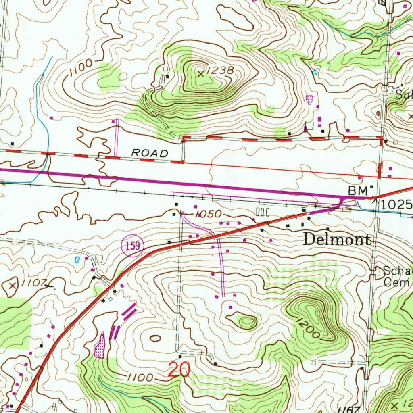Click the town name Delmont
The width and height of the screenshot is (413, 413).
(337, 240)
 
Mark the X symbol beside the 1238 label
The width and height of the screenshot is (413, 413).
(201, 73)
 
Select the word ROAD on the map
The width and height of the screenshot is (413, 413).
(150, 153)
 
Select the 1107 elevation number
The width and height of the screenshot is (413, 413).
(35, 283)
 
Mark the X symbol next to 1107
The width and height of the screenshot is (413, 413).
(13, 286)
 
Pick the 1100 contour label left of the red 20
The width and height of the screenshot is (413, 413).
(140, 378)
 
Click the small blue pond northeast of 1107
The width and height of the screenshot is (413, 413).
(77, 259)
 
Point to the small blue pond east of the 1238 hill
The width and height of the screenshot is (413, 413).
(315, 73)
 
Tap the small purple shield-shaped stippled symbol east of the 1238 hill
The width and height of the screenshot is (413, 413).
(309, 99)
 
